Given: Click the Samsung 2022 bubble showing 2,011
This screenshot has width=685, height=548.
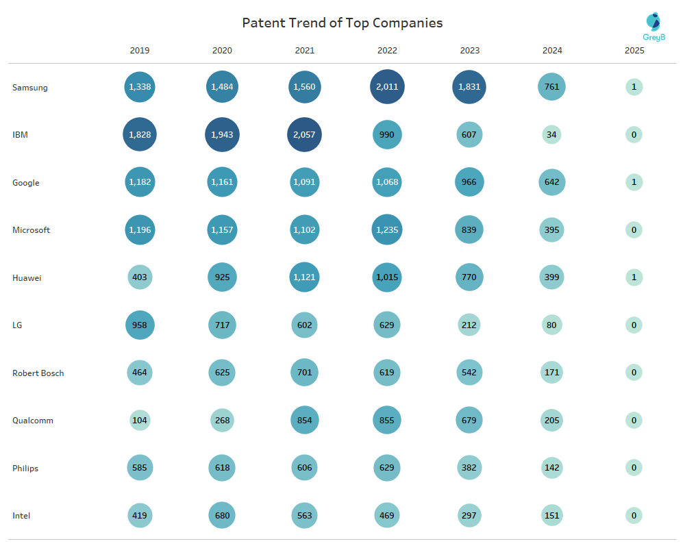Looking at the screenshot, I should click(x=387, y=87).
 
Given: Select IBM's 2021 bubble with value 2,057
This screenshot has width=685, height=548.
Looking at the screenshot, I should click(x=304, y=135).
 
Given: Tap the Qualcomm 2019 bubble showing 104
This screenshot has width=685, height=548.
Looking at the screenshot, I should click(x=140, y=421).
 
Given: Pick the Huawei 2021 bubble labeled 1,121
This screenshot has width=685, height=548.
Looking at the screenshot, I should click(x=304, y=277).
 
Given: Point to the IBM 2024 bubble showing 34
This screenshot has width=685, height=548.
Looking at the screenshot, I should click(x=551, y=135).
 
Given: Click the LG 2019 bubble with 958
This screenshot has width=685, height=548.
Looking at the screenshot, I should click(x=140, y=325).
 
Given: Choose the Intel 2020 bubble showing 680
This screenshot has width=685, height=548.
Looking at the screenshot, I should click(x=222, y=516).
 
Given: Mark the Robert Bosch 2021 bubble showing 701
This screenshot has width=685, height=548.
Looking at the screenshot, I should click(x=304, y=373).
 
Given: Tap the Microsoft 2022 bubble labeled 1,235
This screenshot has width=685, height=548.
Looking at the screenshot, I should click(x=387, y=230).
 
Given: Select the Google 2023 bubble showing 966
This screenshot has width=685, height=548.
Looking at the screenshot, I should click(x=469, y=182).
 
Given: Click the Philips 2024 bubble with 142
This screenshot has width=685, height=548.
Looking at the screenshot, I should click(x=551, y=469).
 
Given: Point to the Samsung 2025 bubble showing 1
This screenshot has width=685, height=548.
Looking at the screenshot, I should click(x=634, y=87).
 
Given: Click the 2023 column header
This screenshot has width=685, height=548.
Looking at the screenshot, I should click(x=469, y=51).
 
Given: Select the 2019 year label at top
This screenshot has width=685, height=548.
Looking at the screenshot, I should click(x=140, y=51).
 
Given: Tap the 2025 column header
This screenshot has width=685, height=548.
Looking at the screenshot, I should click(x=634, y=51).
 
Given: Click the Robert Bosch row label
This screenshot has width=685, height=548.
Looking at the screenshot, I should click(x=38, y=373).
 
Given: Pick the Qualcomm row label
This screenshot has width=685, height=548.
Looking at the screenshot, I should click(x=33, y=421).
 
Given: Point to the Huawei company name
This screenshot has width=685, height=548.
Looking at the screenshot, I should click(x=27, y=277).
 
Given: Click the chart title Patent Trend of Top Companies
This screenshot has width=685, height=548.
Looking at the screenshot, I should click(x=342, y=23).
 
